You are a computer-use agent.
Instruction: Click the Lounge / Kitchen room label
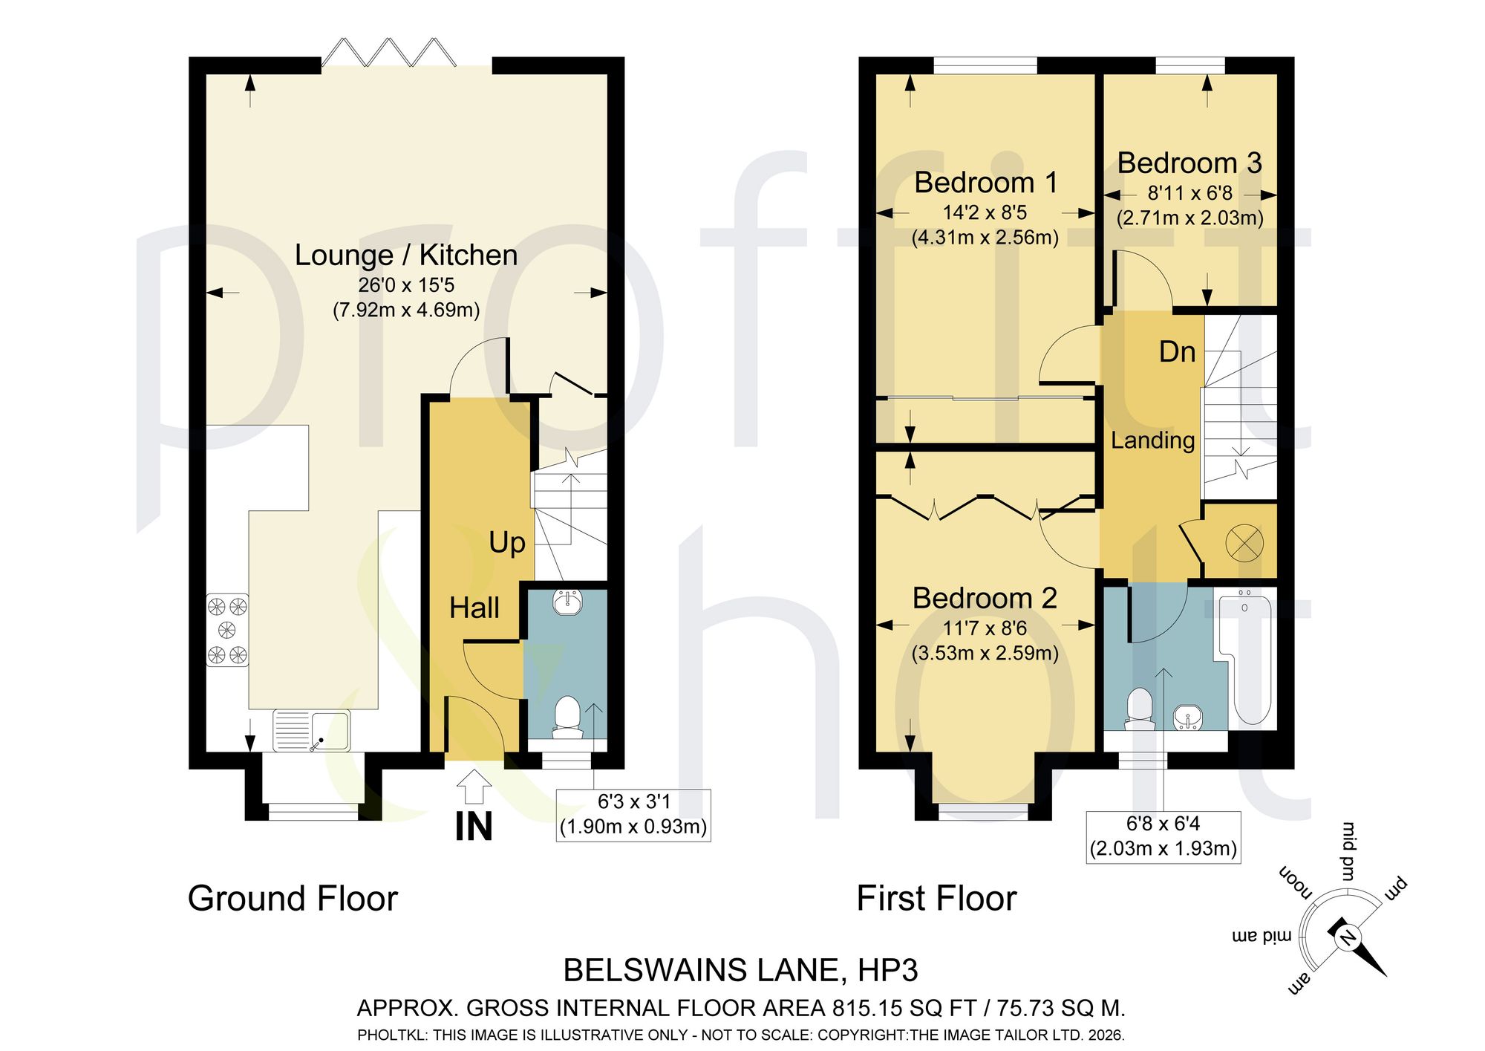(406, 255)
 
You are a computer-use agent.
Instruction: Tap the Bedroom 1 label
(985, 183)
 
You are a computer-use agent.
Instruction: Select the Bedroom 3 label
(1189, 163)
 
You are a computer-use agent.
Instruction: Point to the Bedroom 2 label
(985, 598)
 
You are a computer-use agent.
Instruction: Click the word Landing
(1152, 440)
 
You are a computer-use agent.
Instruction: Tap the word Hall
(474, 608)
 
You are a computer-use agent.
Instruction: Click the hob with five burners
(227, 631)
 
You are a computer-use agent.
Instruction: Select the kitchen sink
(312, 731)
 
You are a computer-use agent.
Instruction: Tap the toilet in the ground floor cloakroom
(569, 718)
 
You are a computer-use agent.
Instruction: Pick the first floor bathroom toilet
(1140, 709)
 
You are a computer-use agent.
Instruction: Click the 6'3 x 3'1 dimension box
(633, 815)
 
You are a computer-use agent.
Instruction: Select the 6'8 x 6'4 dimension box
(1163, 836)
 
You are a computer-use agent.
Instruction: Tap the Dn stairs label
(1178, 352)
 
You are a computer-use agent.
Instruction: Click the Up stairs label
(507, 544)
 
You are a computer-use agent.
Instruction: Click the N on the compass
(1347, 939)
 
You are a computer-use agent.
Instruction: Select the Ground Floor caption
(293, 899)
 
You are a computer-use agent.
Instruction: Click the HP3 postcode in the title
(888, 971)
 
